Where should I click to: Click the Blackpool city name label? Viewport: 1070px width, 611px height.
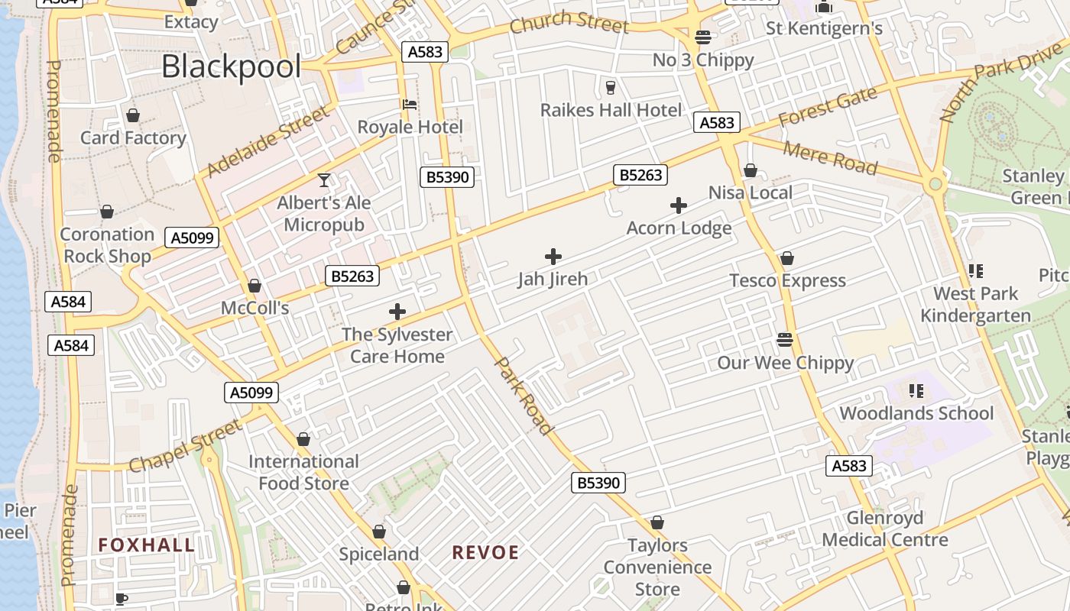pyautogui.click(x=231, y=67)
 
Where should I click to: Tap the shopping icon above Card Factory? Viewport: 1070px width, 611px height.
pyautogui.click(x=133, y=115)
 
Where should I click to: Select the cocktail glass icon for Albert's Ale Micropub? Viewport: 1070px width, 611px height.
pyautogui.click(x=324, y=180)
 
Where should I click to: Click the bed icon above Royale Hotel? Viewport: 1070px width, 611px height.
pyautogui.click(x=410, y=105)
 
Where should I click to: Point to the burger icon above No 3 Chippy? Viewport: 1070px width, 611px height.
pyautogui.click(x=702, y=37)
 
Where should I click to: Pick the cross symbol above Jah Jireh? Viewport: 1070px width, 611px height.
pyautogui.click(x=553, y=257)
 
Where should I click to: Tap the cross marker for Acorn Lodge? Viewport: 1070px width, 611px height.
pyautogui.click(x=678, y=205)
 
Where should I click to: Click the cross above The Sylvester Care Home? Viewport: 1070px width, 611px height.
pyautogui.click(x=397, y=312)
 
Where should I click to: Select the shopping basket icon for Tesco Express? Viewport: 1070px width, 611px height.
pyautogui.click(x=786, y=258)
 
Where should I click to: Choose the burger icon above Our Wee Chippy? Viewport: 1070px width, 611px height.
pyautogui.click(x=785, y=339)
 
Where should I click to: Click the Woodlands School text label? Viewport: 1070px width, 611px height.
pyautogui.click(x=916, y=414)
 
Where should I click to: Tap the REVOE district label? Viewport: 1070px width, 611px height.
pyautogui.click(x=485, y=552)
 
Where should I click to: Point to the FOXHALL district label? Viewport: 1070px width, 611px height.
pyautogui.click(x=147, y=545)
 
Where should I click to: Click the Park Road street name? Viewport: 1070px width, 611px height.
pyautogui.click(x=524, y=396)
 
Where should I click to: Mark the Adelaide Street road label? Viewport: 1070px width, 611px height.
pyautogui.click(x=268, y=141)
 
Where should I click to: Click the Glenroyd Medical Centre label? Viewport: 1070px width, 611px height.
pyautogui.click(x=885, y=529)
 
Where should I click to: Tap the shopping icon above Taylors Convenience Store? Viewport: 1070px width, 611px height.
pyautogui.click(x=657, y=523)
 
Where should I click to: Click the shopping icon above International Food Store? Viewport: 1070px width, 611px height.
pyautogui.click(x=303, y=439)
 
